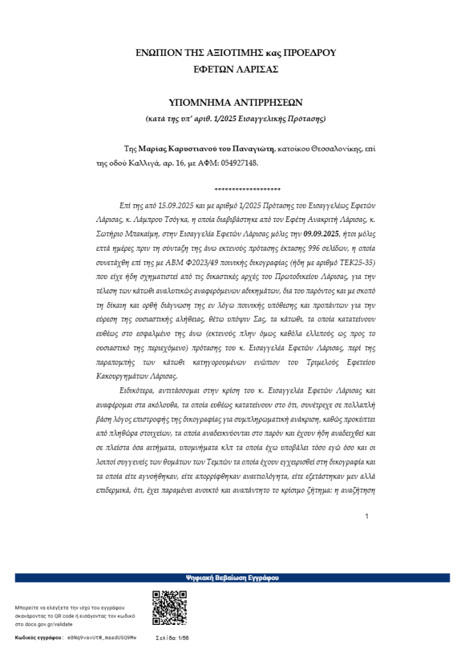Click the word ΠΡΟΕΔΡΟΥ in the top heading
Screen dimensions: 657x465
click(309, 53)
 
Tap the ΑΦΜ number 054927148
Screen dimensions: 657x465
click(237, 163)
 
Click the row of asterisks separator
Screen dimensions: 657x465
click(248, 190)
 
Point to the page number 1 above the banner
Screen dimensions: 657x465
click(367, 516)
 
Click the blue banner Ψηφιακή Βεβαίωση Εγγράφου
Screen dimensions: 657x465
click(232, 577)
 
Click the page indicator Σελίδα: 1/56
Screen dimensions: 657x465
click(173, 638)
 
